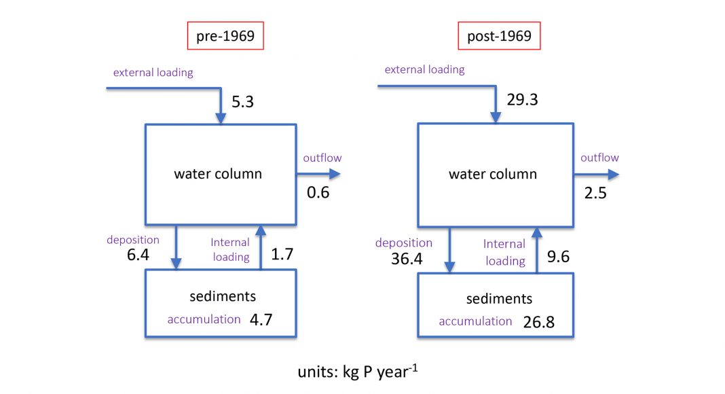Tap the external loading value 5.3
coord(243,102)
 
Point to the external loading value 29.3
coord(523,100)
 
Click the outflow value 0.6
coord(318,192)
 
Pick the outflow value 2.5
coord(595,193)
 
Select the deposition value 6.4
coord(138,255)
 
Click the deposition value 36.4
coord(407,259)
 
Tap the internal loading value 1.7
coord(282,254)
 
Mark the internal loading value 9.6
coord(558,257)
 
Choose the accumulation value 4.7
coord(261,319)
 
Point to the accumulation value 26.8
coord(539,322)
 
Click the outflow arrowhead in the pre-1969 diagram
coord(335,175)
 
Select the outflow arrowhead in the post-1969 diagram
coord(613,175)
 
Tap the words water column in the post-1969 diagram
coord(493,175)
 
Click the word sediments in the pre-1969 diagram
coord(223,296)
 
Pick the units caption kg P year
coord(358,372)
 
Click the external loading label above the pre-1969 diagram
coord(153,73)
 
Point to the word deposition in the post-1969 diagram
coord(404,243)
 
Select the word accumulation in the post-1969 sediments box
coord(475,321)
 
